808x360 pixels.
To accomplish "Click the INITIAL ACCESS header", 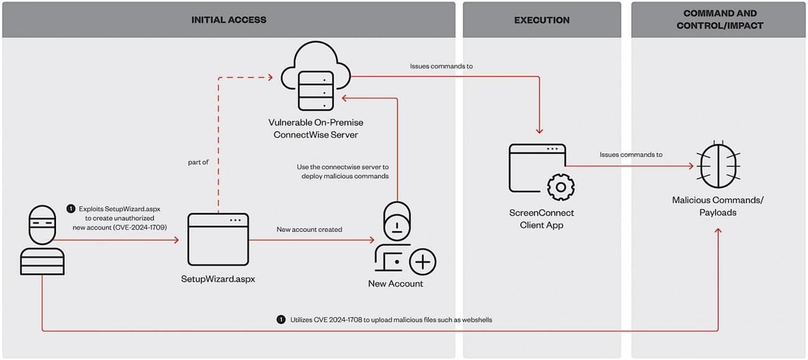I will tap(229, 20).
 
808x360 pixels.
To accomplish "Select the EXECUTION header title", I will tap(541, 20).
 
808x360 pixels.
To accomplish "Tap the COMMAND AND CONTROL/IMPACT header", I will tap(719, 20).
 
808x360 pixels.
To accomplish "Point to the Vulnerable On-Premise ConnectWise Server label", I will tap(316, 129).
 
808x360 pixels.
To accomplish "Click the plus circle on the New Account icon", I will tap(423, 262).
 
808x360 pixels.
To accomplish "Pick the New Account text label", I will tap(395, 284).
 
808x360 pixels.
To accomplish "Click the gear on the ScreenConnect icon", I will tap(560, 187).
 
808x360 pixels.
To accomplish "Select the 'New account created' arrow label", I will tap(309, 229).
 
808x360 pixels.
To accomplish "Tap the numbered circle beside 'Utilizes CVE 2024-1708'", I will tap(281, 320).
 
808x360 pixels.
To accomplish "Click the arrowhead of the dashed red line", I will tap(270, 78).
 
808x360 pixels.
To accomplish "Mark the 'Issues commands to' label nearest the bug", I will tap(631, 155).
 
